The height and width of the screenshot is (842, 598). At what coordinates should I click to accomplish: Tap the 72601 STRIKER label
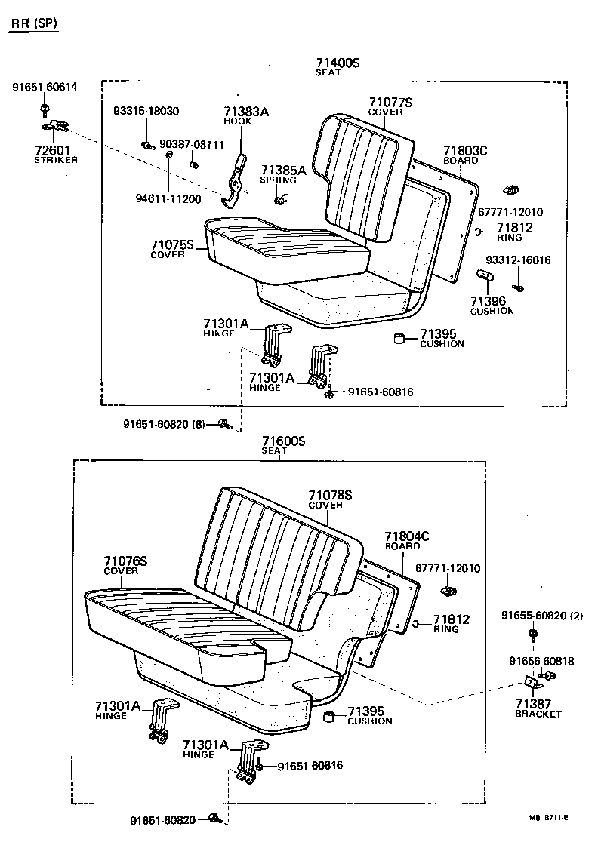[x=56, y=155]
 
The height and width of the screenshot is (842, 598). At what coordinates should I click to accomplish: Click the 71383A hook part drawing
[x=236, y=182]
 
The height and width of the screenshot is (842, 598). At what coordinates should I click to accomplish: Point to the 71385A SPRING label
[x=283, y=174]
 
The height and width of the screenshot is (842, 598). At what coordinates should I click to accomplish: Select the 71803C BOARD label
[x=465, y=155]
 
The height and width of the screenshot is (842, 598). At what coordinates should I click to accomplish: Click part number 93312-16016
[x=517, y=260]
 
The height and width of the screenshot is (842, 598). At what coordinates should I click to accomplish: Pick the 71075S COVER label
[x=172, y=249]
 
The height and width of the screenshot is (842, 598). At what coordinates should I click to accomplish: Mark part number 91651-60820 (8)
[x=164, y=424]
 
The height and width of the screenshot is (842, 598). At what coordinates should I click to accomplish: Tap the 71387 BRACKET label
[x=538, y=708]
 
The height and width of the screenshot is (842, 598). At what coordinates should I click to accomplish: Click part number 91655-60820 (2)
[x=542, y=616]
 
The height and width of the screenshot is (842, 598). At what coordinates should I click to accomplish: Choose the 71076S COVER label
[x=125, y=565]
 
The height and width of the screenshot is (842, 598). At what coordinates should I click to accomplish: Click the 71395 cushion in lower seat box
[x=330, y=715]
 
